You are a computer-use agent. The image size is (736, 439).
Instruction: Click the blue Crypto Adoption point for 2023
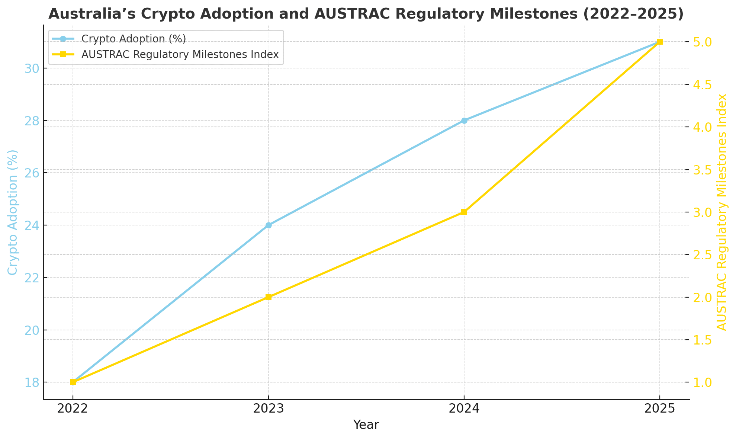(269, 225)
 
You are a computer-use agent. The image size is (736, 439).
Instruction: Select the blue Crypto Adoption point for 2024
(464, 121)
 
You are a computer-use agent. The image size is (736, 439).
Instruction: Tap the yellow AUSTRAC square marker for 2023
(269, 297)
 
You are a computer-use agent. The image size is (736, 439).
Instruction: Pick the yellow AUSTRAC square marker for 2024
(464, 212)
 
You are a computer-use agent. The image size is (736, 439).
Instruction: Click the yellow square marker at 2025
(660, 42)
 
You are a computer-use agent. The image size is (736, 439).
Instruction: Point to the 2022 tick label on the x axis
(73, 409)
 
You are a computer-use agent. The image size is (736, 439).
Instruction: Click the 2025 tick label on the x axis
(660, 409)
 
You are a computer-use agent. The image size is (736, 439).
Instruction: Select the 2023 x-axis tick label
(269, 409)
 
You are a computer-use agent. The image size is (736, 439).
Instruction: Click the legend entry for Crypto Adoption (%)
(134, 39)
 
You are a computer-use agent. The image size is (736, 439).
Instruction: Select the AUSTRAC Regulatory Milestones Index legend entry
(180, 54)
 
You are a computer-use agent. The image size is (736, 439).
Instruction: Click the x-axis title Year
(366, 425)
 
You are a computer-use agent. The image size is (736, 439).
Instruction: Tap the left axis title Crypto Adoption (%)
(13, 212)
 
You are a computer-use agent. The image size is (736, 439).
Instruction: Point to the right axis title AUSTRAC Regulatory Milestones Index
(722, 212)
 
